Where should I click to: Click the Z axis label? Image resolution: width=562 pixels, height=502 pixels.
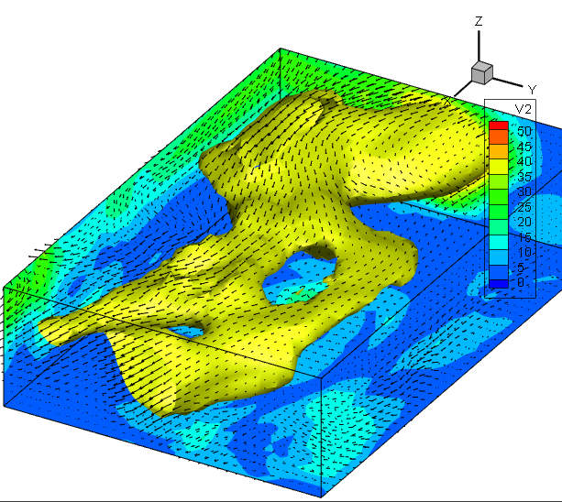(479, 21)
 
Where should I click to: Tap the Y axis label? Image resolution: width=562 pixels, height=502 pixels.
(532, 90)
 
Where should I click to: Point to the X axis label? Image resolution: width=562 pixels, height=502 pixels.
(447, 101)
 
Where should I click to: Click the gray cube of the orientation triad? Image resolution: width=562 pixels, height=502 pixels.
(482, 72)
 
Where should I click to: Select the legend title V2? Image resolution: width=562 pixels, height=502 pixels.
(523, 109)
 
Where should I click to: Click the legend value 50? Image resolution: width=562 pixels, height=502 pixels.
(524, 131)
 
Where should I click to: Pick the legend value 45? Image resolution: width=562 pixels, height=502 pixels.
(524, 146)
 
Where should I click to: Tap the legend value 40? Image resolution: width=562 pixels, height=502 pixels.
(524, 161)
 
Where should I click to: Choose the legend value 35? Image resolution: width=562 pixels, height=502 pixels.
(524, 177)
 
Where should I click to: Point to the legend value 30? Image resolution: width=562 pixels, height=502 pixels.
(524, 191)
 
